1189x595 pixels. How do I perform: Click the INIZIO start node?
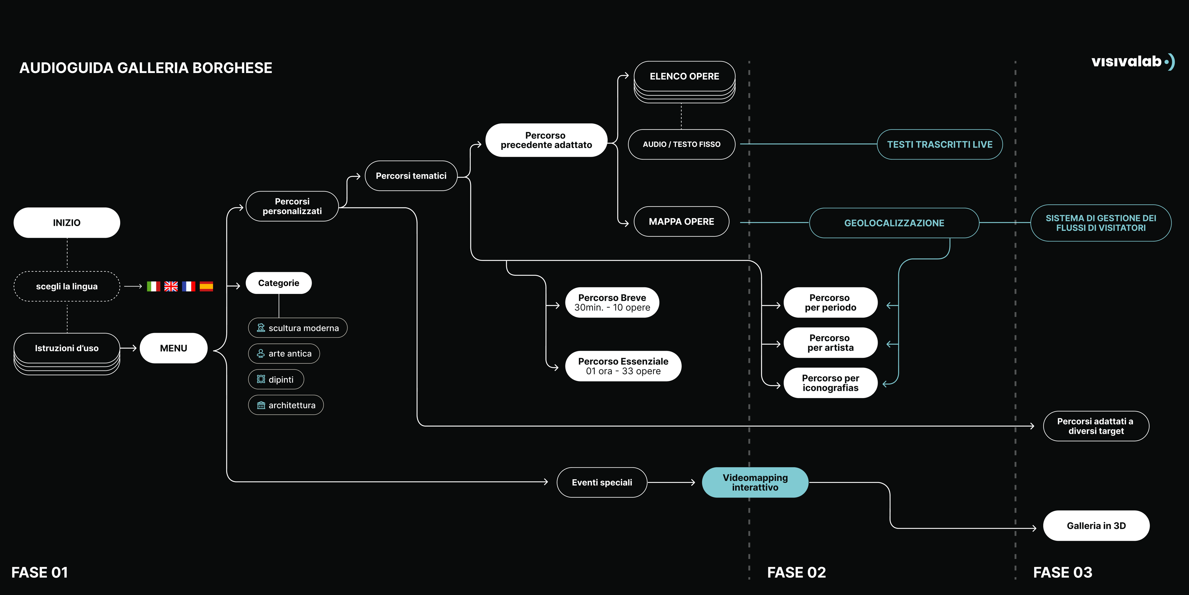[x=67, y=223]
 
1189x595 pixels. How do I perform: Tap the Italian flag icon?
[x=153, y=286]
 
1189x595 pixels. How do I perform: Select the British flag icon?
[x=171, y=286]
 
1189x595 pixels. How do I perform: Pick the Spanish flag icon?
[x=206, y=286]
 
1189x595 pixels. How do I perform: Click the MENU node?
[x=174, y=348]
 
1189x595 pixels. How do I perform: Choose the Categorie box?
[x=279, y=283]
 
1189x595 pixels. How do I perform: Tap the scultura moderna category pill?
[x=298, y=328]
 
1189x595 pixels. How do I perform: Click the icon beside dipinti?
[x=261, y=379]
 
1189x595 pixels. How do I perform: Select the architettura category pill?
[x=286, y=405]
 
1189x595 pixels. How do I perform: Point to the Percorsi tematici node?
[x=411, y=176]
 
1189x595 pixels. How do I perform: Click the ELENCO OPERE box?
[x=684, y=76]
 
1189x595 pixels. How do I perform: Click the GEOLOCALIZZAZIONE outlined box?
[x=894, y=223]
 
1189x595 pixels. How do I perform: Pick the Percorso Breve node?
[x=612, y=302]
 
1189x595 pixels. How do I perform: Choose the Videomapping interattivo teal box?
[x=755, y=482]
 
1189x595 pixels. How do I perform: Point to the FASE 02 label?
[x=797, y=572]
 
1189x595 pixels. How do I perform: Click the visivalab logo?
[x=1133, y=61]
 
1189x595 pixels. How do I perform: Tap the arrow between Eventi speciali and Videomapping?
[x=672, y=482]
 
